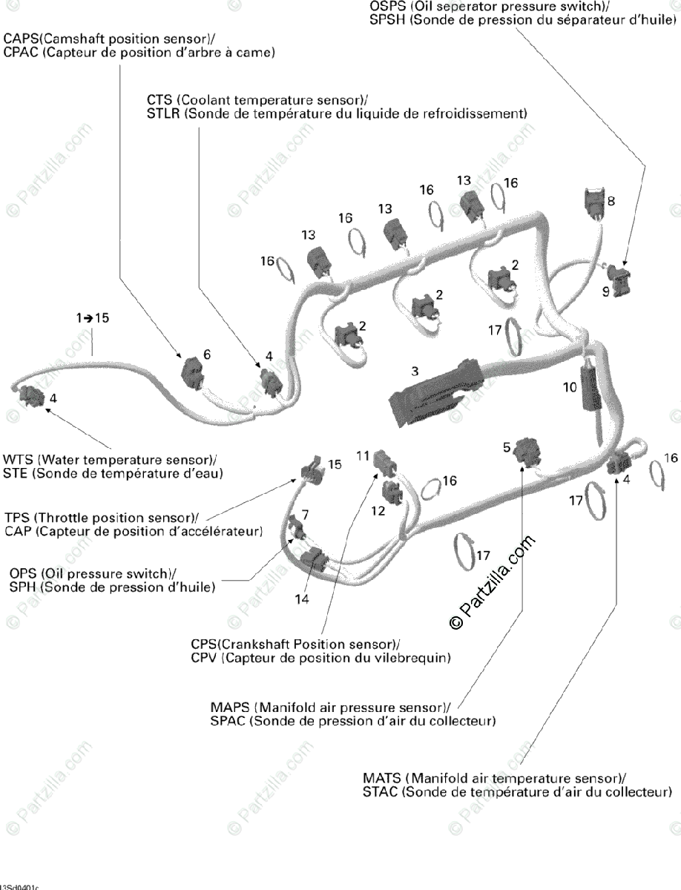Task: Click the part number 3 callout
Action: point(415,369)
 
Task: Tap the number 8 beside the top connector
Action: point(611,201)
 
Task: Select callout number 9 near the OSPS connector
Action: point(606,292)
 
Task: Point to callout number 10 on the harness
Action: point(570,386)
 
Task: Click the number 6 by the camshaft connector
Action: point(207,355)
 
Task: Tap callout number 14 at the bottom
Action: point(301,600)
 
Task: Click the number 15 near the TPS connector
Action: point(335,464)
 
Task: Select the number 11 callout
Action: point(362,455)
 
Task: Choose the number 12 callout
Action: point(378,510)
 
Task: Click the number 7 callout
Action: point(305,513)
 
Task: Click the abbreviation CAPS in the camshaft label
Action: point(22,39)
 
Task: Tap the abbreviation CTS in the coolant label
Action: point(159,100)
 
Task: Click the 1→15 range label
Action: point(92,317)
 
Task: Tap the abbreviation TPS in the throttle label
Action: point(16,517)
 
